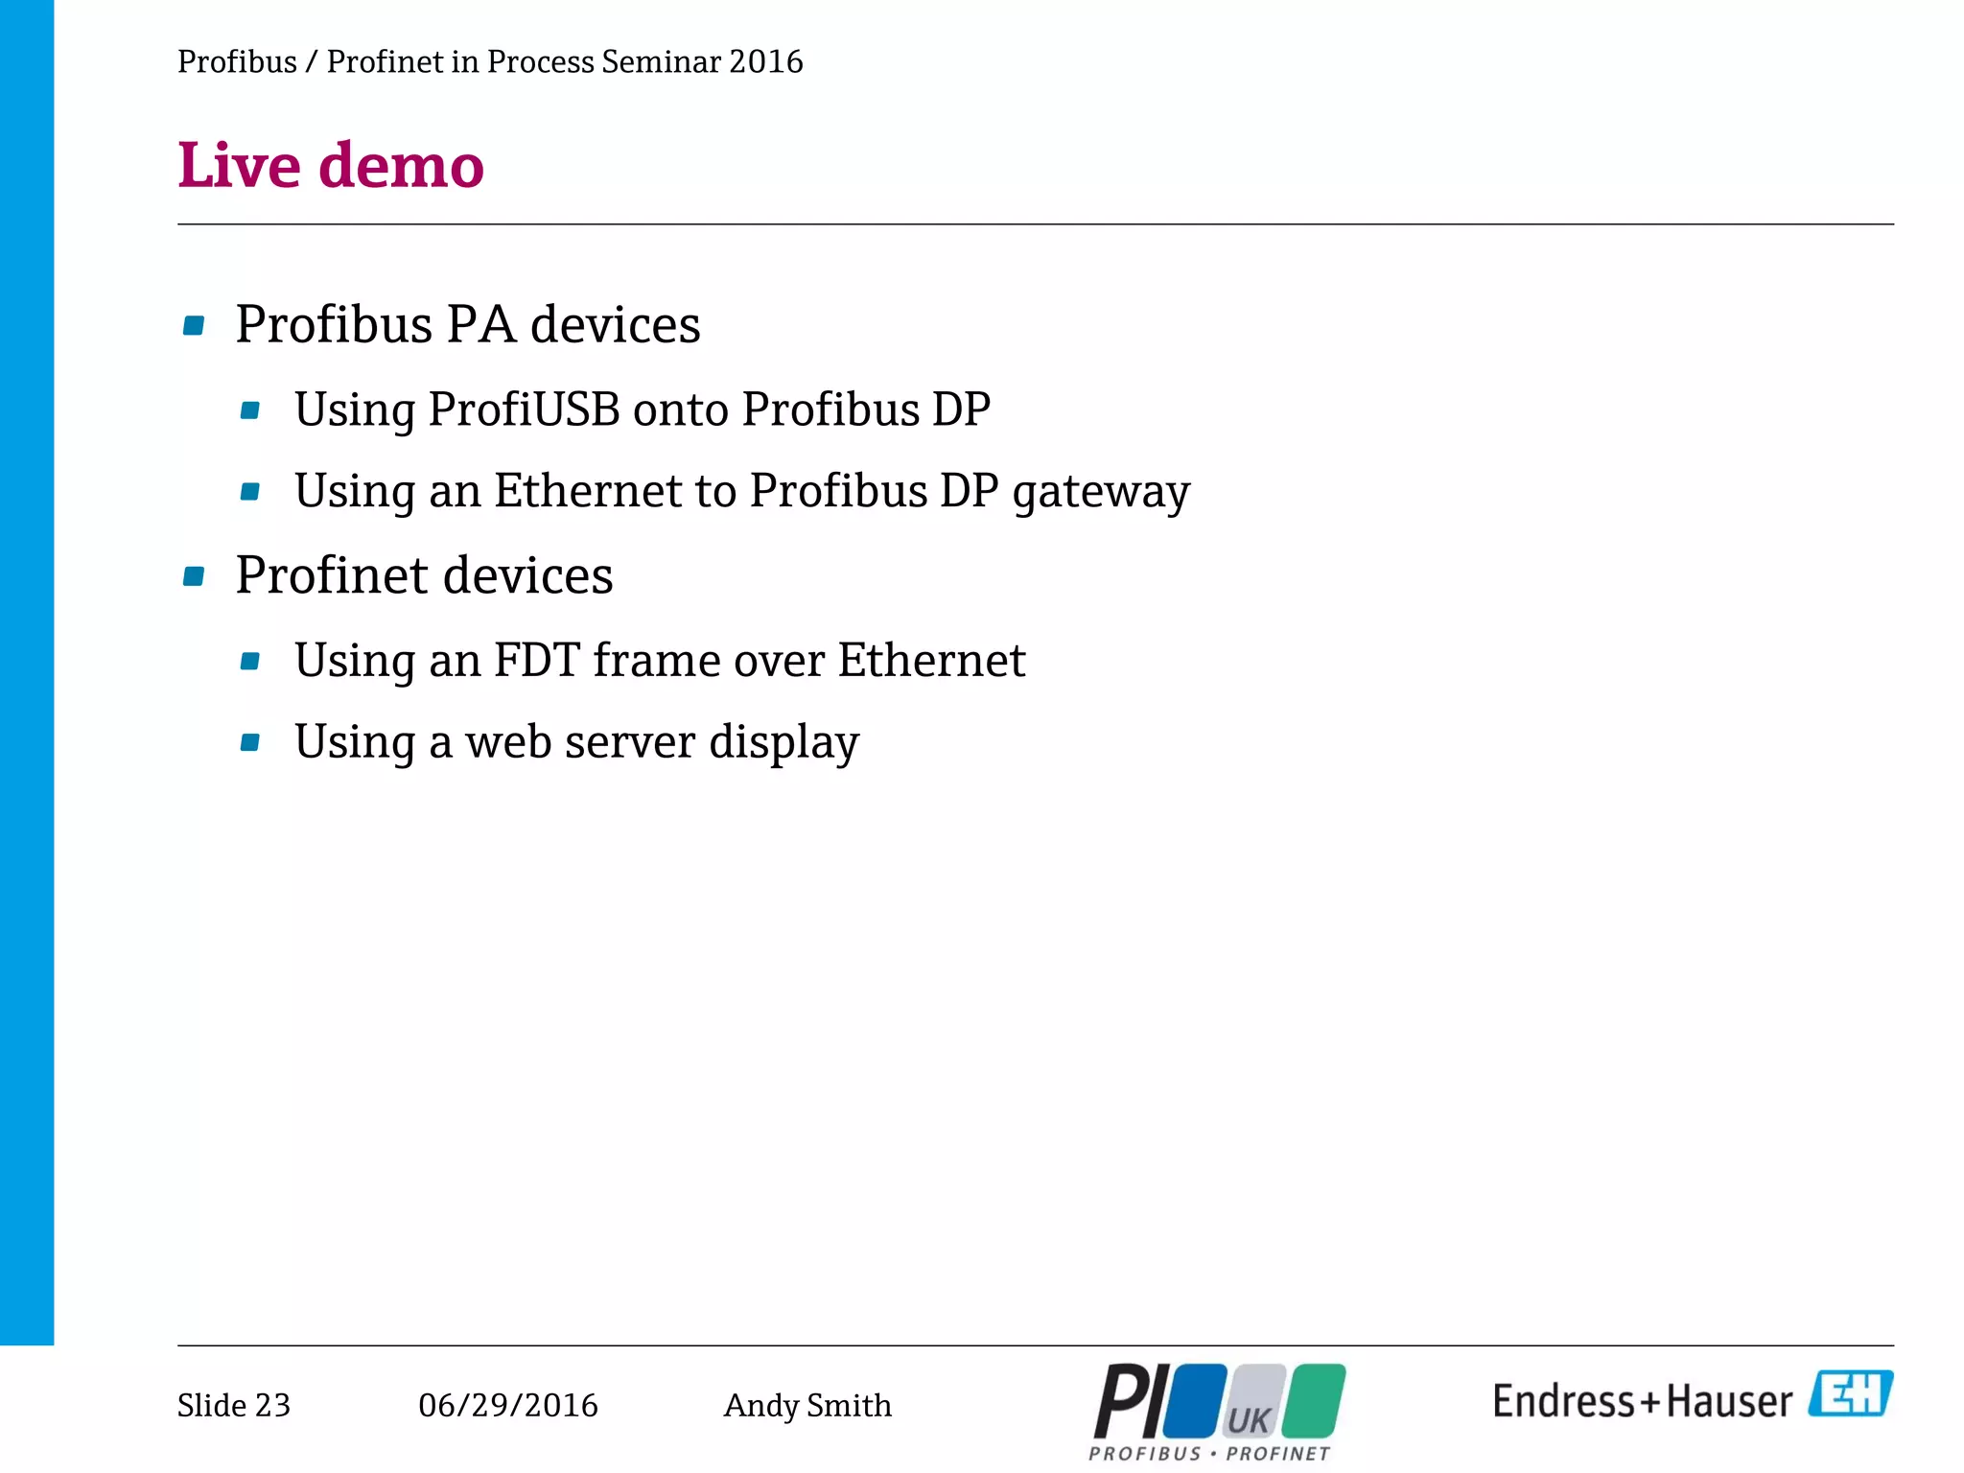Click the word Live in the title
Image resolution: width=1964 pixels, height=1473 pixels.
point(239,165)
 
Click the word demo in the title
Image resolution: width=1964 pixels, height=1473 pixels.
point(401,165)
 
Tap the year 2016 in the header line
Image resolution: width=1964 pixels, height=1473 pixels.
point(765,61)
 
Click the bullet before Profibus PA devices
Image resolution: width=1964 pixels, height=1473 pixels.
point(194,326)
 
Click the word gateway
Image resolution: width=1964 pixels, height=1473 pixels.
point(1101,493)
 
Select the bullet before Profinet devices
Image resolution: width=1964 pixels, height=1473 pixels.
point(194,576)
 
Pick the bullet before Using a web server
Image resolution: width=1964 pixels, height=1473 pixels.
point(250,742)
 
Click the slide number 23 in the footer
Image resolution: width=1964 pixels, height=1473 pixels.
point(272,1405)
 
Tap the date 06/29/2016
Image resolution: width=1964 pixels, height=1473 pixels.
point(507,1405)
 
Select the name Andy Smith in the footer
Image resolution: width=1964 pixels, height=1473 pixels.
point(807,1405)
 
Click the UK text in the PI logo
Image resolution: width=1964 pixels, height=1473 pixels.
point(1249,1419)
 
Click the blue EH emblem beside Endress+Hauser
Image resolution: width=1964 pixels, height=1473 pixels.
point(1850,1394)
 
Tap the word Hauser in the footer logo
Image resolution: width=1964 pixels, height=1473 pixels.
point(1729,1402)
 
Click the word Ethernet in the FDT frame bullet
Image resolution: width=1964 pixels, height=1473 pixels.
point(930,661)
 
